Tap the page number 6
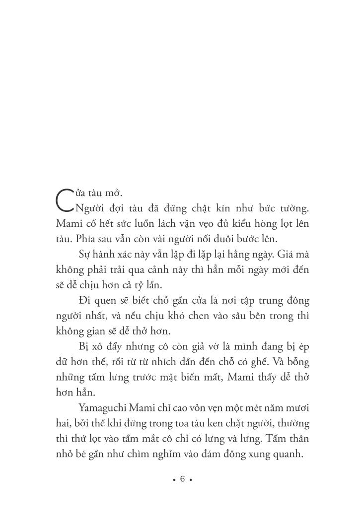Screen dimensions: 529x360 coord(182,479)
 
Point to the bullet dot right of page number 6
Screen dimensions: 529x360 coord(191,480)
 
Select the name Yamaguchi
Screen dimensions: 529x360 coord(100,408)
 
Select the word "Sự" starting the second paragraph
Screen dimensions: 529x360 coord(84,254)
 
